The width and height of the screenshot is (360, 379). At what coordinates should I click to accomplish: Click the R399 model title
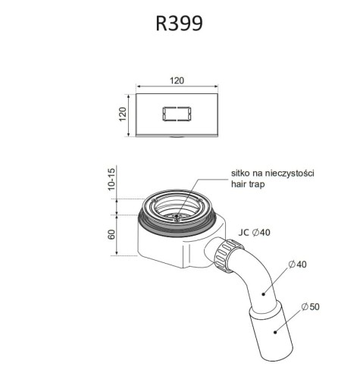click(179, 23)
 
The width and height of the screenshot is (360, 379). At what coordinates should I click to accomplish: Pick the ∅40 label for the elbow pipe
click(298, 265)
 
